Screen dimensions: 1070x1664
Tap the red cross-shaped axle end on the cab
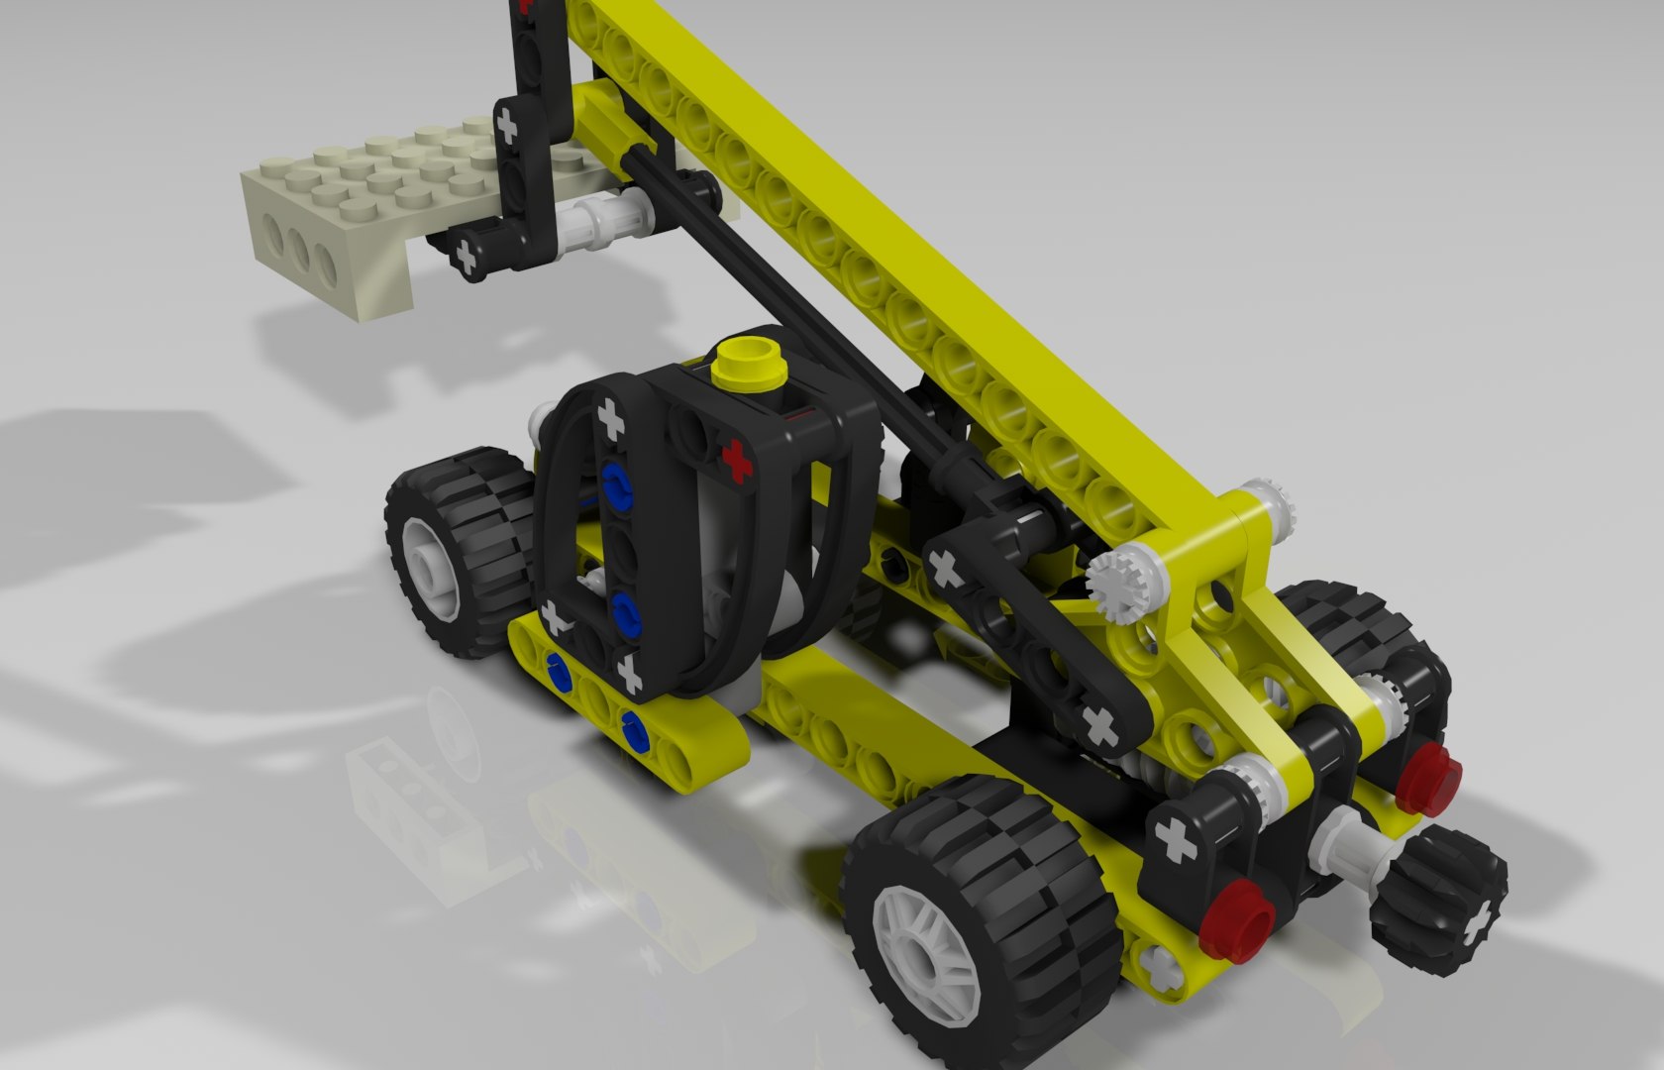click(x=736, y=457)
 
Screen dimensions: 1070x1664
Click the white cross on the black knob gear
click(x=1477, y=923)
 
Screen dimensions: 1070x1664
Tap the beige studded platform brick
click(x=376, y=183)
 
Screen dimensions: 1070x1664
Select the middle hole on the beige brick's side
click(x=300, y=248)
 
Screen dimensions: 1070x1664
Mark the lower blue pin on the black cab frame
click(x=625, y=611)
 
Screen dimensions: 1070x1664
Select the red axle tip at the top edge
click(x=525, y=5)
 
